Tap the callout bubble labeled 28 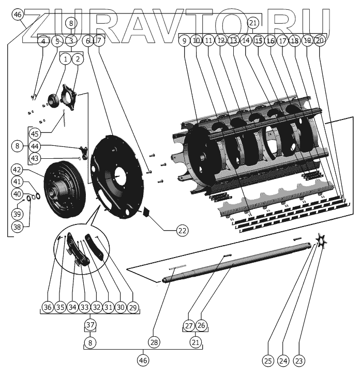(154, 342)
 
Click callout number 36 (48, 308)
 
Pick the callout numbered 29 (133, 308)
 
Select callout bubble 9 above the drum (184, 40)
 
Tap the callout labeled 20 (320, 40)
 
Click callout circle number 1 (65, 59)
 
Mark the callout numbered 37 (91, 325)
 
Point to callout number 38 (18, 227)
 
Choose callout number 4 (43, 41)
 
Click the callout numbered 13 (233, 40)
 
